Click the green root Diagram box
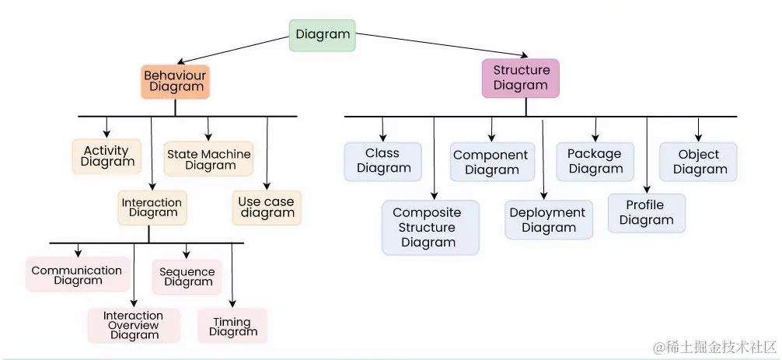[x=323, y=35]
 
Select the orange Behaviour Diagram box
[x=176, y=81]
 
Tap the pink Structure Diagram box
[x=520, y=78]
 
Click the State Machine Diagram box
[x=209, y=159]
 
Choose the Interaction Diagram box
[x=152, y=208]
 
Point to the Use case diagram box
[x=267, y=208]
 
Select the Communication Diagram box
[x=77, y=275]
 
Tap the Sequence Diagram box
[x=187, y=277]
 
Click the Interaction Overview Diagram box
[x=134, y=326]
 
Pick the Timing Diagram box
[x=232, y=327]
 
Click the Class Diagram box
[x=382, y=161]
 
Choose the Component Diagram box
[x=491, y=163]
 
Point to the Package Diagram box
[x=595, y=162]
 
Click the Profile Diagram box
[x=647, y=212]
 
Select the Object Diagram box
[x=698, y=162]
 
